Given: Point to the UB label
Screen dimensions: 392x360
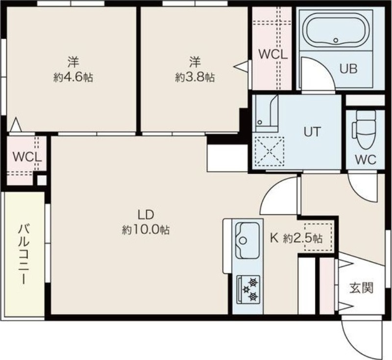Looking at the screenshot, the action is (x=348, y=69).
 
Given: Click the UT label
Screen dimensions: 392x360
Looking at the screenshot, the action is (x=312, y=131).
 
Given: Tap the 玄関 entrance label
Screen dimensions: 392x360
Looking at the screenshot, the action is (x=361, y=288).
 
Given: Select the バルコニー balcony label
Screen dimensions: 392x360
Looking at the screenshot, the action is (x=24, y=254).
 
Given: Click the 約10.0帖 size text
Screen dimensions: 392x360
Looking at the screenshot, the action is (x=146, y=230).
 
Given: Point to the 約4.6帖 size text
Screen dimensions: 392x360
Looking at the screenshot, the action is (x=73, y=77).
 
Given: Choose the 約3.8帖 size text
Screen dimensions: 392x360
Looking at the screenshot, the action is (x=195, y=77).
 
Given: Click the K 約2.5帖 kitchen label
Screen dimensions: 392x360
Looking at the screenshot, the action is (x=296, y=238).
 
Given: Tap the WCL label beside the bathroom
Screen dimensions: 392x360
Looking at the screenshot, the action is (x=273, y=54).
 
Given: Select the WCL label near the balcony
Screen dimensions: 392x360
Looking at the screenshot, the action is (x=27, y=157).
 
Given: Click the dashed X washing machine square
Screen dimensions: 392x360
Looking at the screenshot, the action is (x=269, y=152).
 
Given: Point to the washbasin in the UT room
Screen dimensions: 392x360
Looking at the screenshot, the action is (x=267, y=113).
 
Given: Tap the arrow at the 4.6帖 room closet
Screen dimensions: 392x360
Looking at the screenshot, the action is (x=16, y=125).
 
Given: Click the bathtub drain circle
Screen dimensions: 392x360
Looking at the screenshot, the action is (x=336, y=40).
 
